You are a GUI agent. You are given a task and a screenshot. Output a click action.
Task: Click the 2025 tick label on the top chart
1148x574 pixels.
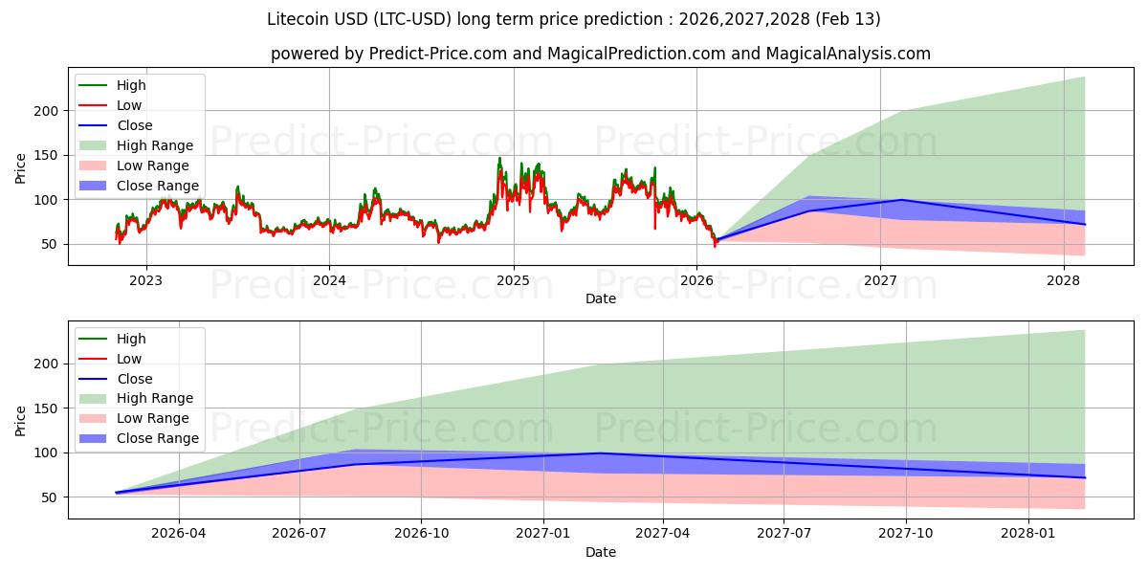coord(513,280)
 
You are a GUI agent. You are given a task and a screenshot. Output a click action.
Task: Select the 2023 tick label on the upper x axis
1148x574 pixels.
coord(145,280)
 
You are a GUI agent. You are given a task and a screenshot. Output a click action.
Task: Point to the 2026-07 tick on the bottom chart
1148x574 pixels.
coord(299,533)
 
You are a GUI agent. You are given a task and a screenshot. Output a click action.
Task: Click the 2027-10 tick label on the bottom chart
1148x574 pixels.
coord(906,533)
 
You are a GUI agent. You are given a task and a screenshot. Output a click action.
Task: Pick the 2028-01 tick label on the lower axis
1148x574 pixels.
coord(1027,533)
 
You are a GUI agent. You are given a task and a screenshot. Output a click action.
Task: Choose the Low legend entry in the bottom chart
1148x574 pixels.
coord(128,359)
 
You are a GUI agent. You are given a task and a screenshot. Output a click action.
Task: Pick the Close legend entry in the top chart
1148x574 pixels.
coord(134,125)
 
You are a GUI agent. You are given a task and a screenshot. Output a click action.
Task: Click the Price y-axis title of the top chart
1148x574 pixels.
coord(21,168)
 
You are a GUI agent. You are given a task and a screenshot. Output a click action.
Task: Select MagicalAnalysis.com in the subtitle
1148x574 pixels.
coord(848,54)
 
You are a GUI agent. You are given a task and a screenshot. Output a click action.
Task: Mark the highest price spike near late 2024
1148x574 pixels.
coord(499,159)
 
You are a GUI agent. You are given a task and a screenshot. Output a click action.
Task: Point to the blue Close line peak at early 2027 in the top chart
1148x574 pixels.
coord(900,200)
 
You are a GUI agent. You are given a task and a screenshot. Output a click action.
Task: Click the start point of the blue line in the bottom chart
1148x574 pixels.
coord(117,493)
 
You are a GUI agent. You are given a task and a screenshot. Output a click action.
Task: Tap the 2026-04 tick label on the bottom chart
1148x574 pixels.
coord(179,533)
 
